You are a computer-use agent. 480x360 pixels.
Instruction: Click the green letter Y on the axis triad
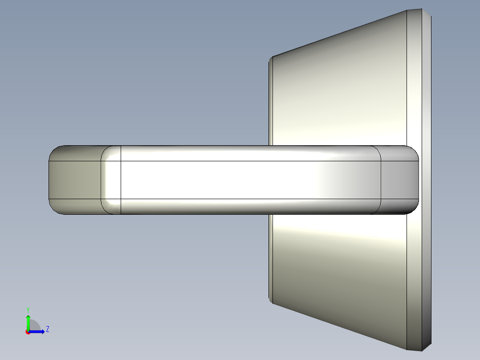pyautogui.click(x=28, y=309)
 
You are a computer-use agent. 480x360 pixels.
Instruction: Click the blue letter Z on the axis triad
pyautogui.click(x=47, y=329)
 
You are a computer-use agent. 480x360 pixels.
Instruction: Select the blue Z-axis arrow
pyautogui.click(x=38, y=331)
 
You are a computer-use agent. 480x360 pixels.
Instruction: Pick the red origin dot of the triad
pyautogui.click(x=28, y=332)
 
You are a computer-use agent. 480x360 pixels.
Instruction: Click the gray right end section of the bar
pyautogui.click(x=399, y=180)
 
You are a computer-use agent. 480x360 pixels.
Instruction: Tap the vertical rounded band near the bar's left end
pyautogui.click(x=111, y=180)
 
